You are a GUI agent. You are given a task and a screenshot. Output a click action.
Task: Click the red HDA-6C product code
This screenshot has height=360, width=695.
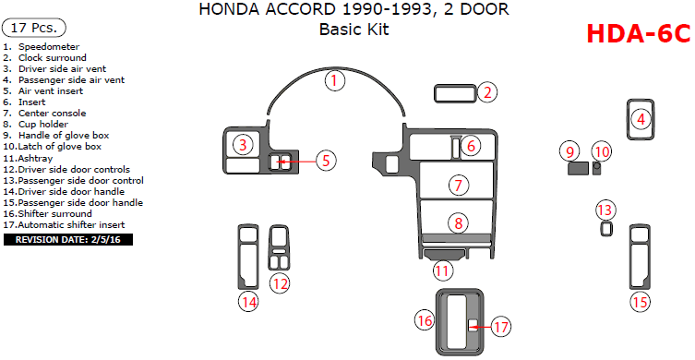pyautogui.click(x=639, y=34)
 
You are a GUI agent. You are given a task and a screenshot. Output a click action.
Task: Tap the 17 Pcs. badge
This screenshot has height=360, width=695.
pyautogui.click(x=34, y=28)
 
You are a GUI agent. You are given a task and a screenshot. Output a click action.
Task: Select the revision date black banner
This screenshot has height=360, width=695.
pyautogui.click(x=67, y=240)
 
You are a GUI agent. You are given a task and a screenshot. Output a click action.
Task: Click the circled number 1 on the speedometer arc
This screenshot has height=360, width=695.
pyautogui.click(x=335, y=80)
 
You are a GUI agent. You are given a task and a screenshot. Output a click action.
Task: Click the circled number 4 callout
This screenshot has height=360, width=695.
pyautogui.click(x=641, y=119)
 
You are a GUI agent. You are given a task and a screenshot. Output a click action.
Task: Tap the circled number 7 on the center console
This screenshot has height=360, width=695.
pyautogui.click(x=459, y=185)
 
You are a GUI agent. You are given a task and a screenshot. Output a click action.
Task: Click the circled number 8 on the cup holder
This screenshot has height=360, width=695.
pyautogui.click(x=458, y=223)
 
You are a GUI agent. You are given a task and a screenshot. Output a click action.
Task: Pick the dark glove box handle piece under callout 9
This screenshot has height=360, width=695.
pyautogui.click(x=578, y=169)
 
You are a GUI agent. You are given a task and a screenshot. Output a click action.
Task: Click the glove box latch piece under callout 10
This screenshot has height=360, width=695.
pyautogui.click(x=597, y=169)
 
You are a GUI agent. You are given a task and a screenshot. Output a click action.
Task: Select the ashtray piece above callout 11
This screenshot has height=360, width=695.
pyautogui.click(x=444, y=254)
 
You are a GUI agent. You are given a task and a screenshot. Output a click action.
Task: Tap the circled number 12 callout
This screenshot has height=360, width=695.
pyautogui.click(x=281, y=282)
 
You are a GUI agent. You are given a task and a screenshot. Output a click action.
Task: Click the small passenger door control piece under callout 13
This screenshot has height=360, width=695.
pyautogui.click(x=605, y=229)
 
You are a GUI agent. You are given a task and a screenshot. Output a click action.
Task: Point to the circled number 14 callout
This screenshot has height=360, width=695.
pyautogui.click(x=249, y=302)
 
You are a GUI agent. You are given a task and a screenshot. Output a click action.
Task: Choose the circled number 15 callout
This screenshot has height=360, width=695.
pyautogui.click(x=641, y=302)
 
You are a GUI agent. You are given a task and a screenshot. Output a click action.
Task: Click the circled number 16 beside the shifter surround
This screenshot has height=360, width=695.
pyautogui.click(x=425, y=319)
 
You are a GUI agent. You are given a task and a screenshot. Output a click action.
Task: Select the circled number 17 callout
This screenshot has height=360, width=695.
pyautogui.click(x=501, y=327)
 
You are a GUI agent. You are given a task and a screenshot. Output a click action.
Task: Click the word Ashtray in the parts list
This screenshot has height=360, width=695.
pyautogui.click(x=35, y=158)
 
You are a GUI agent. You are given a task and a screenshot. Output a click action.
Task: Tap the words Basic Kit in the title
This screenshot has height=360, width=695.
pyautogui.click(x=354, y=30)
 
